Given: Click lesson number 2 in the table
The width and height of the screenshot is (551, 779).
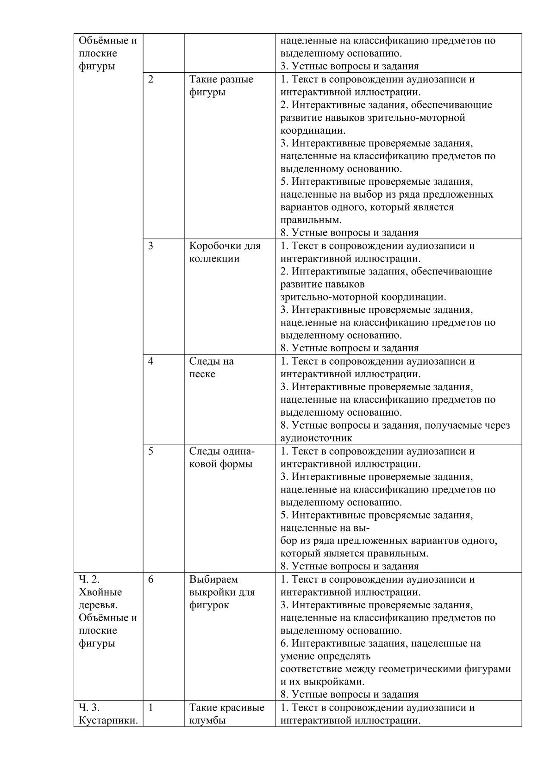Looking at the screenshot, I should [151, 79].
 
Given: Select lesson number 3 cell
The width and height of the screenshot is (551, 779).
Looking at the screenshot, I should [151, 246].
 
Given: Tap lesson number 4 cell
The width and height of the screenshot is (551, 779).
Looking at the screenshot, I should [151, 361].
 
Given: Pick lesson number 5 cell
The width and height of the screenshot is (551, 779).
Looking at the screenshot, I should [151, 451].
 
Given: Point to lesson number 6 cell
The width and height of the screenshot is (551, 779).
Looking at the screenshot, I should [151, 580].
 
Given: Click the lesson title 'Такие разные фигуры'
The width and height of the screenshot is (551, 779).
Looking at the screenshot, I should [221, 86].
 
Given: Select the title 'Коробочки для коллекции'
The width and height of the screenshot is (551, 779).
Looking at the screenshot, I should [225, 252].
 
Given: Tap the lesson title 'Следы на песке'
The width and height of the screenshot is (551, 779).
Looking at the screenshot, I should [211, 368].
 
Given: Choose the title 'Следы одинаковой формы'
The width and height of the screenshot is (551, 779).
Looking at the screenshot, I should [222, 457].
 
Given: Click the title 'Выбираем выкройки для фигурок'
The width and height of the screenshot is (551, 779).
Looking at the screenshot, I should [222, 592].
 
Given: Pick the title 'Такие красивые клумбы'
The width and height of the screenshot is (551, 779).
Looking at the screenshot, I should [226, 714].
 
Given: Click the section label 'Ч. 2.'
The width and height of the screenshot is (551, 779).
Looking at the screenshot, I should [89, 580].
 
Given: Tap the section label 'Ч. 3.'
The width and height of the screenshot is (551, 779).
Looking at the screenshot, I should [89, 708].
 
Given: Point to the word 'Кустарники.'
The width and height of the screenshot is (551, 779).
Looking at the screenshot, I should [108, 721].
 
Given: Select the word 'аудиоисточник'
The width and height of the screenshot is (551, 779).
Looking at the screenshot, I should [316, 438].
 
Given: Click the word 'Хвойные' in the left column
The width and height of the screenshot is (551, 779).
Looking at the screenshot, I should [100, 592].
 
